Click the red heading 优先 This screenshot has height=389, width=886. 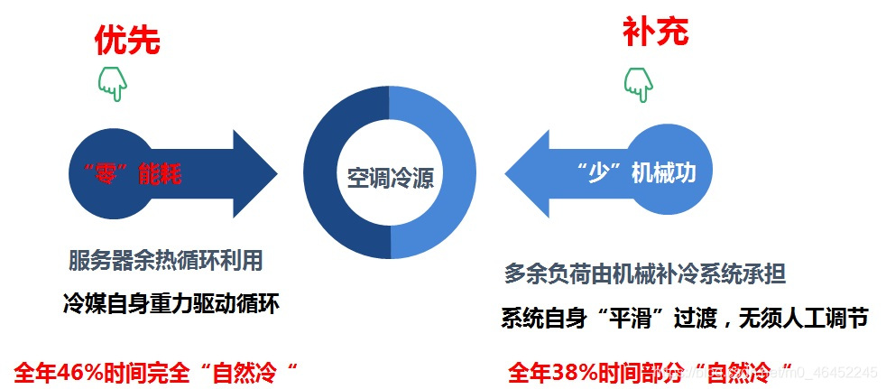pyautogui.click(x=127, y=40)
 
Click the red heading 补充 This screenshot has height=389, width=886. pyautogui.click(x=655, y=32)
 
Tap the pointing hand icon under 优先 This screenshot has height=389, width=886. pyautogui.click(x=112, y=83)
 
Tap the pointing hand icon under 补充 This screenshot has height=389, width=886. pyautogui.click(x=638, y=83)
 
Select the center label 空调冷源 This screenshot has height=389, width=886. pyautogui.click(x=390, y=176)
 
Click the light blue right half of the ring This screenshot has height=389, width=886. pyautogui.click(x=455, y=176)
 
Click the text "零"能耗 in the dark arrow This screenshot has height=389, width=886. pyautogui.click(x=126, y=173)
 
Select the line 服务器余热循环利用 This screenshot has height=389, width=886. pyautogui.click(x=166, y=262)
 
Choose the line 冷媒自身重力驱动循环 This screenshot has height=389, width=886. pyautogui.click(x=171, y=303)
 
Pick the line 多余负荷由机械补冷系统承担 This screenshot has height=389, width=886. pyautogui.click(x=651, y=273)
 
